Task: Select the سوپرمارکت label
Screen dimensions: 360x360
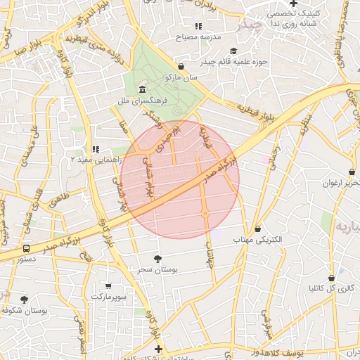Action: click(x=109, y=297)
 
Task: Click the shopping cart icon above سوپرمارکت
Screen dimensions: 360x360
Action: click(x=108, y=285)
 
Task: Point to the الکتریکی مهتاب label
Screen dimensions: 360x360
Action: click(x=257, y=240)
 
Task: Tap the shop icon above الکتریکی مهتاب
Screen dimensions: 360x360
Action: click(x=257, y=229)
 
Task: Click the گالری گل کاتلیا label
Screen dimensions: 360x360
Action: click(x=330, y=289)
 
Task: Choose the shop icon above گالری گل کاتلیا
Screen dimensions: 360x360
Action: click(x=330, y=278)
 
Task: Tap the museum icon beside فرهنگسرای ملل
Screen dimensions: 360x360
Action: click(x=143, y=90)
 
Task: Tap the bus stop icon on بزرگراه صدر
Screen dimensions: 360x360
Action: click(x=26, y=248)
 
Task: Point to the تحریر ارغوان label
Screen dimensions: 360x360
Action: click(x=336, y=184)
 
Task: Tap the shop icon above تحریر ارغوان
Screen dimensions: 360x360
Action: click(x=352, y=172)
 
